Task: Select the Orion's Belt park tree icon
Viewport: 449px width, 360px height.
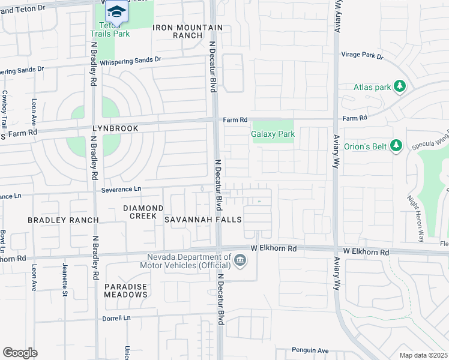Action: click(x=396, y=145)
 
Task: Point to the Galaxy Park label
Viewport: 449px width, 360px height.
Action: click(x=273, y=134)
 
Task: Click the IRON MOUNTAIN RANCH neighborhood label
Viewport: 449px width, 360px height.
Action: click(x=187, y=32)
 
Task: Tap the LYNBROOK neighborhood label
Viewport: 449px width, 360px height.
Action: click(x=115, y=128)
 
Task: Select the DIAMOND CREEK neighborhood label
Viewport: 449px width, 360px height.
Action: click(x=143, y=212)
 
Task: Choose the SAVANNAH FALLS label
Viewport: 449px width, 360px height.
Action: click(x=203, y=220)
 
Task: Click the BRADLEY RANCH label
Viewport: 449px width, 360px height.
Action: click(x=63, y=220)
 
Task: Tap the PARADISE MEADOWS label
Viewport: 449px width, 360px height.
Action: click(x=125, y=290)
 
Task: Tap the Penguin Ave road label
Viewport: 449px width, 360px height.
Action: click(x=310, y=350)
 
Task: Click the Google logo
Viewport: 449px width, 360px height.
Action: click(x=20, y=352)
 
